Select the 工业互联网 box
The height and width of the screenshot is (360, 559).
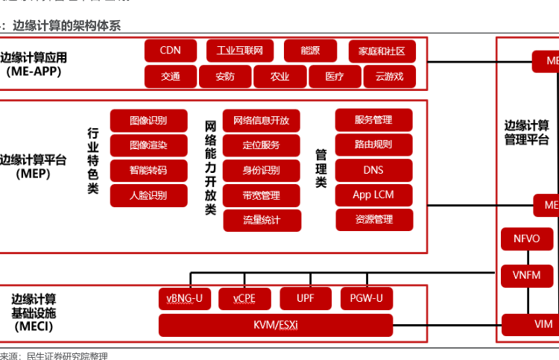[x=240, y=51]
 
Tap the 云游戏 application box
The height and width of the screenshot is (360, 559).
[x=390, y=76]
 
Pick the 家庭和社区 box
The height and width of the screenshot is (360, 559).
[x=382, y=51]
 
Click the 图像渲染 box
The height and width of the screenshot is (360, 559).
[x=148, y=145]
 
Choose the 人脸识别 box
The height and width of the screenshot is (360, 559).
[x=148, y=195]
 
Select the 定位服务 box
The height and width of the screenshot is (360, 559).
[x=262, y=145]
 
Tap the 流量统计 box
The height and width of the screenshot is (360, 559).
[x=262, y=220]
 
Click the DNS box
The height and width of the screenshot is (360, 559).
[x=373, y=170]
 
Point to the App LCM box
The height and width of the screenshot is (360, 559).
[x=373, y=195]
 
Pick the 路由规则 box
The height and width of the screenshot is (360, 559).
[x=373, y=145]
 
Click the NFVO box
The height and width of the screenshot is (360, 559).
[x=527, y=239]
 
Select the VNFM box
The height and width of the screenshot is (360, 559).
[x=527, y=275]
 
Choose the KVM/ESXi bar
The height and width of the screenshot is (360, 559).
[x=276, y=325]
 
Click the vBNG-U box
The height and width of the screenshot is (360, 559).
[x=185, y=298]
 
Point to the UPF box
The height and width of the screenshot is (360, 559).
[x=306, y=298]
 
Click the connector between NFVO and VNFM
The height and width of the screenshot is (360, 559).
[x=527, y=257]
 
